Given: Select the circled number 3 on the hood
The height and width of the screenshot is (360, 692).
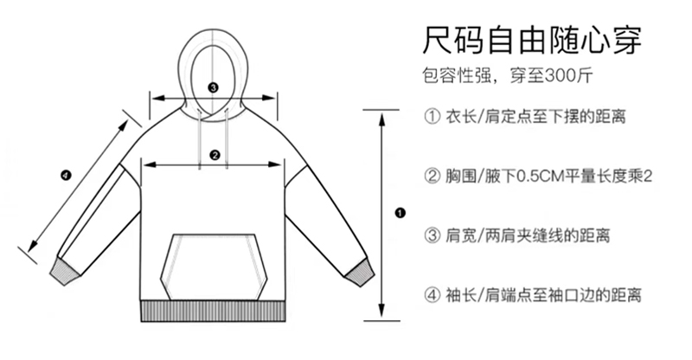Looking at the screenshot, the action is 214,87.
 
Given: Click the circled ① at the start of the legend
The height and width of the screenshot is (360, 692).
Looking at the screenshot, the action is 432,116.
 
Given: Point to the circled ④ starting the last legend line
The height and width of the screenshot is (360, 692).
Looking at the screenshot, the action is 432,295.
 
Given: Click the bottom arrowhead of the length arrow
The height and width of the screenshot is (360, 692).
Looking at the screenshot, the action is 381,318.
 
